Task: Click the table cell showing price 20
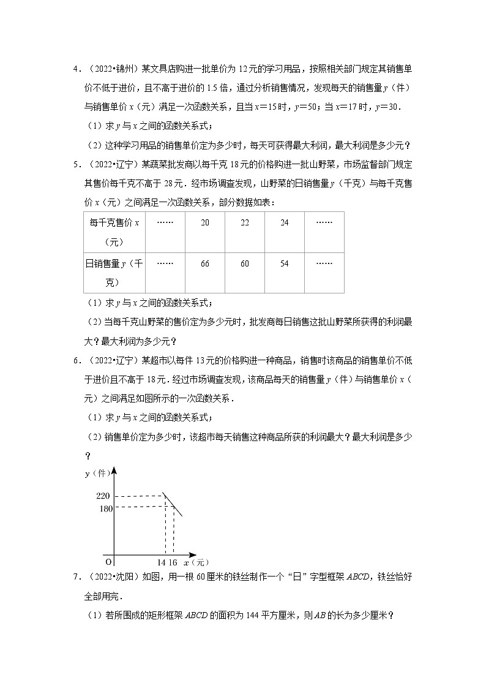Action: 204,223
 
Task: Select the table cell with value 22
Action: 244,223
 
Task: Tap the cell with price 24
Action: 284,223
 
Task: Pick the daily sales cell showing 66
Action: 204,263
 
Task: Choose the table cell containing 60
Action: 244,263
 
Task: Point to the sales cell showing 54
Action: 284,263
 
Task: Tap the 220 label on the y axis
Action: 103,496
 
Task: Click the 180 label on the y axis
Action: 103,508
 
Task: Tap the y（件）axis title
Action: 95,474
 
